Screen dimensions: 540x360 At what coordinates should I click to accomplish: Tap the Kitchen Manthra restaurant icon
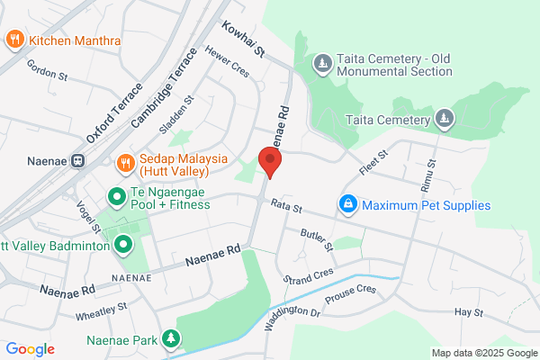(14, 40)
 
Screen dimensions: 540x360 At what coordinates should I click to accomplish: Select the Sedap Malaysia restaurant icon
(127, 162)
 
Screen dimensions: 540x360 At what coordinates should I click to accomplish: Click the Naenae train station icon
(78, 162)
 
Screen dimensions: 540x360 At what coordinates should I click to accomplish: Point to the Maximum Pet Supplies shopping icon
(347, 205)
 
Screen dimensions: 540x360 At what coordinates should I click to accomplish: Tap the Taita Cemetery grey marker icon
(443, 119)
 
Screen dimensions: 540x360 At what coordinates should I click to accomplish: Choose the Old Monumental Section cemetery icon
(323, 63)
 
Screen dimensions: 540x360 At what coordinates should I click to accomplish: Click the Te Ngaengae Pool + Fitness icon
(116, 195)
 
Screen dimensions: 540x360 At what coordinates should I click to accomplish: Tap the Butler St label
(317, 239)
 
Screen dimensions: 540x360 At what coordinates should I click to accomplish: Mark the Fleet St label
(373, 162)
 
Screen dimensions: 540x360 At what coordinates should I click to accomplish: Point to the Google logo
(30, 349)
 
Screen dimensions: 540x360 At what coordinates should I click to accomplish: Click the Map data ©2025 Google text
(481, 353)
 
